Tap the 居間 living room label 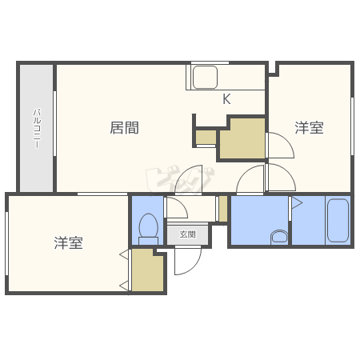(124, 127)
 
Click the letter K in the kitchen (226, 100)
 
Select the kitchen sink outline (206, 78)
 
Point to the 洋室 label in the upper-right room (309, 127)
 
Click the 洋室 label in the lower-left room (69, 242)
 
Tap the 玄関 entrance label (187, 234)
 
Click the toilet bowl (149, 226)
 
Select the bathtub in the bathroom (338, 221)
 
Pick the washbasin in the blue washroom (279, 236)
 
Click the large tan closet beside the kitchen (243, 138)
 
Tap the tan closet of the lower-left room (148, 273)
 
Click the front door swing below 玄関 (187, 261)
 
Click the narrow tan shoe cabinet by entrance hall (223, 210)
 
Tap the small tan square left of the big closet (206, 138)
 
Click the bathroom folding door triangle (295, 203)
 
